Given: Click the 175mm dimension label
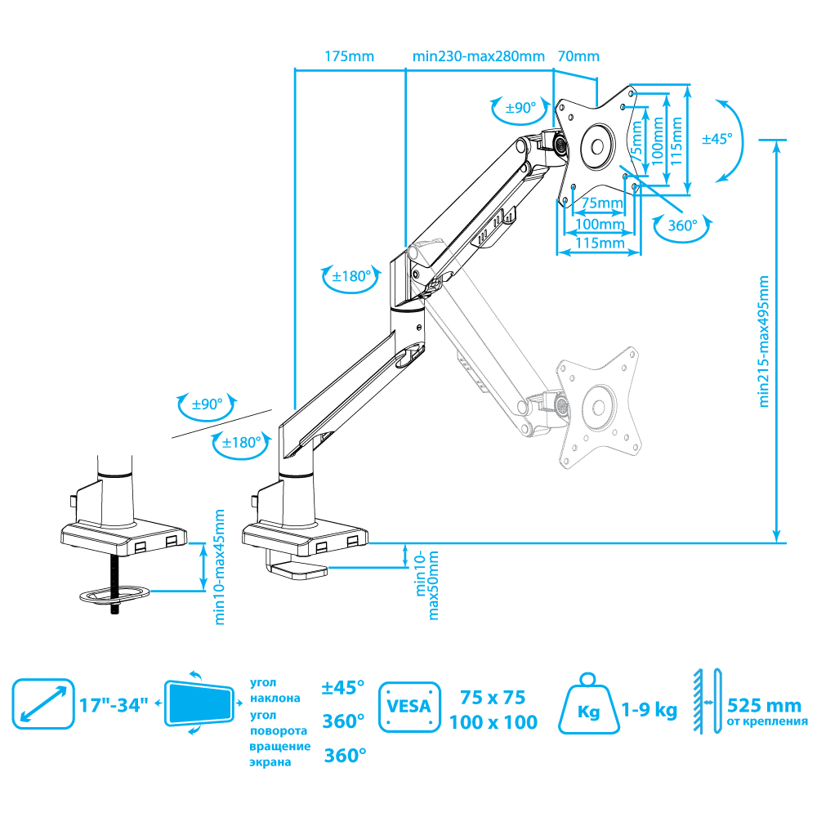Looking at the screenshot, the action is (349, 56).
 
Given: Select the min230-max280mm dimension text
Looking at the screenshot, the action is (478, 56).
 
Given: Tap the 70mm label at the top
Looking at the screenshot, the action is (578, 56).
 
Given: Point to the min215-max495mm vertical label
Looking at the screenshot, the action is (764, 342).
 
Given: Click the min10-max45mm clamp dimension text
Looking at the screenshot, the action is (219, 567).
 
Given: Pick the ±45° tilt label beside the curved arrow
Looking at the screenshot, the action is (717, 139).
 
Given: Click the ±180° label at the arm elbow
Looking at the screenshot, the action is (351, 276).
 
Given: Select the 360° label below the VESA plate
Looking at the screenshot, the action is (682, 225).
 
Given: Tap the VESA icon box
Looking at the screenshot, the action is (409, 707).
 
